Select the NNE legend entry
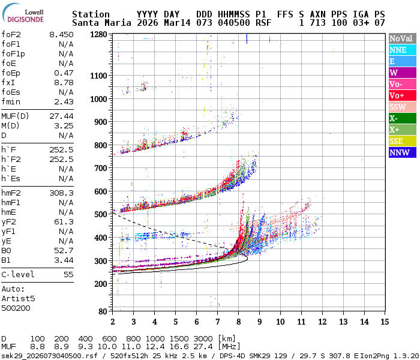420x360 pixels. (402, 50)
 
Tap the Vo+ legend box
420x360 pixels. (402, 95)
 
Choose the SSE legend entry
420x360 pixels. (402, 141)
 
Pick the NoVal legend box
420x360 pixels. (402, 38)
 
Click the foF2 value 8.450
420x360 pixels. (61, 34)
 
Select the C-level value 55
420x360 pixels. (68, 274)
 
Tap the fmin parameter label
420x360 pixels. (11, 101)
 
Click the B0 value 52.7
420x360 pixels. (64, 250)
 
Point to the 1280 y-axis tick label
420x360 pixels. (98, 35)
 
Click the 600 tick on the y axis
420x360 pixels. (100, 191)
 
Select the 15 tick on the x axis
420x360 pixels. (383, 321)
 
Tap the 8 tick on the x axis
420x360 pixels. (238, 321)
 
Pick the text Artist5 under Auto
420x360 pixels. (18, 298)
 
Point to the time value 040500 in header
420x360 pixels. (232, 23)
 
